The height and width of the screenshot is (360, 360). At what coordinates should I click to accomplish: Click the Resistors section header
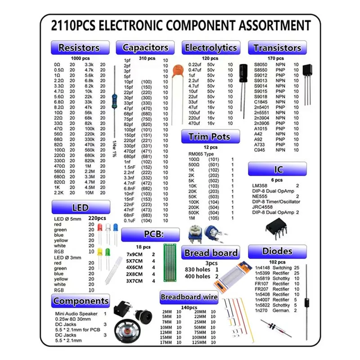tap(80, 48)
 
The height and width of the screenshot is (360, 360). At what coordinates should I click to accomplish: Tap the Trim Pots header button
tap(211, 136)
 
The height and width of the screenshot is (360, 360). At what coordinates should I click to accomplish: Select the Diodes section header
tap(277, 252)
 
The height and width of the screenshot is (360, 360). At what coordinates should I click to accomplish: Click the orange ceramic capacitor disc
tap(178, 71)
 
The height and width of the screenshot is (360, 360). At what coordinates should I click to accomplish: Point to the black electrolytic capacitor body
tap(243, 73)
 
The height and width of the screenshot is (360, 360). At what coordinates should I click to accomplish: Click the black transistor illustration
tap(307, 84)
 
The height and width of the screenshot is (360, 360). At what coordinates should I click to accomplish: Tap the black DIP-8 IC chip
tap(276, 228)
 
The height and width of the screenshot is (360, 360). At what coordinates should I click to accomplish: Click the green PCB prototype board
tap(170, 263)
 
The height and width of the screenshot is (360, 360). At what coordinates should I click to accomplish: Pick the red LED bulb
tap(99, 228)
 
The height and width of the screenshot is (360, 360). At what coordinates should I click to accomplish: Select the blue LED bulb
tap(116, 228)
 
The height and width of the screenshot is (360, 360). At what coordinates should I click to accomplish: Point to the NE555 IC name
tap(260, 196)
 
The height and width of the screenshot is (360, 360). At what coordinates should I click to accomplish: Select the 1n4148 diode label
tap(262, 268)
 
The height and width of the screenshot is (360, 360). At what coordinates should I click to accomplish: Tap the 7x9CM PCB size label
tap(134, 254)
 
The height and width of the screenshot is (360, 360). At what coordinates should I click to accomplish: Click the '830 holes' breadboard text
tap(198, 270)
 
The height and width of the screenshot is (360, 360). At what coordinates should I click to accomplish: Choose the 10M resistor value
tap(89, 193)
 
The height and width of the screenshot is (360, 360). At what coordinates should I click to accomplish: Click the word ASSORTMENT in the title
tap(274, 25)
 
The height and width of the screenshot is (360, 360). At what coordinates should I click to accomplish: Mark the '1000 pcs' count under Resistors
tap(80, 58)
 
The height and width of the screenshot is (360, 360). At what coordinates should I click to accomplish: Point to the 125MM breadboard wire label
tap(199, 342)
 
